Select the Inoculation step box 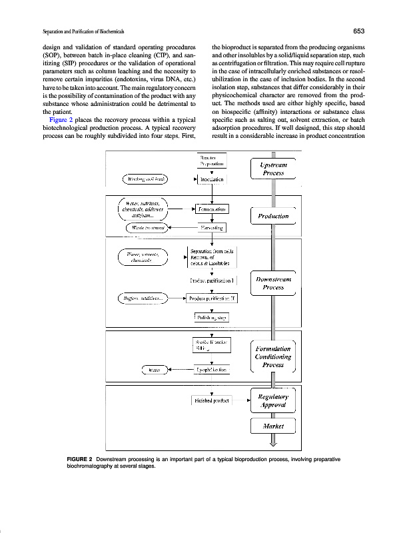[211, 179]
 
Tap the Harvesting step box [210, 229]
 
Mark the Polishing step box [210, 318]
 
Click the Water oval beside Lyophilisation [155, 368]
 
